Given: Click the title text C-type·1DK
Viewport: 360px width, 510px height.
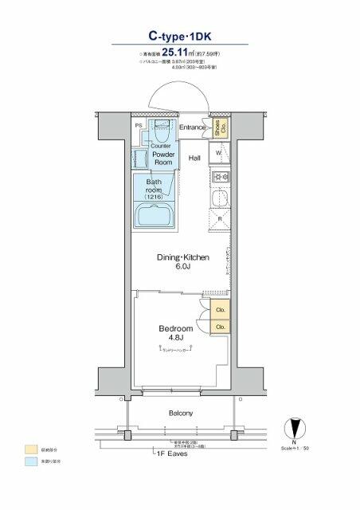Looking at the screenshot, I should [179, 35].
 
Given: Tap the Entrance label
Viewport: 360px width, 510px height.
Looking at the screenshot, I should [193, 127].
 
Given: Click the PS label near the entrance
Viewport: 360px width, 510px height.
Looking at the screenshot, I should [139, 126].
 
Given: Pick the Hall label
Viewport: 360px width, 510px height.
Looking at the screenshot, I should [195, 158].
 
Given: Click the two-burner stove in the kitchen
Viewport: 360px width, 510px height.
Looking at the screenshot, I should [220, 178].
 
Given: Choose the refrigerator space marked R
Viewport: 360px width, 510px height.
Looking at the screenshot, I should [219, 218].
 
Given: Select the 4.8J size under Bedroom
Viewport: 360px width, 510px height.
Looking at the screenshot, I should [176, 339].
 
